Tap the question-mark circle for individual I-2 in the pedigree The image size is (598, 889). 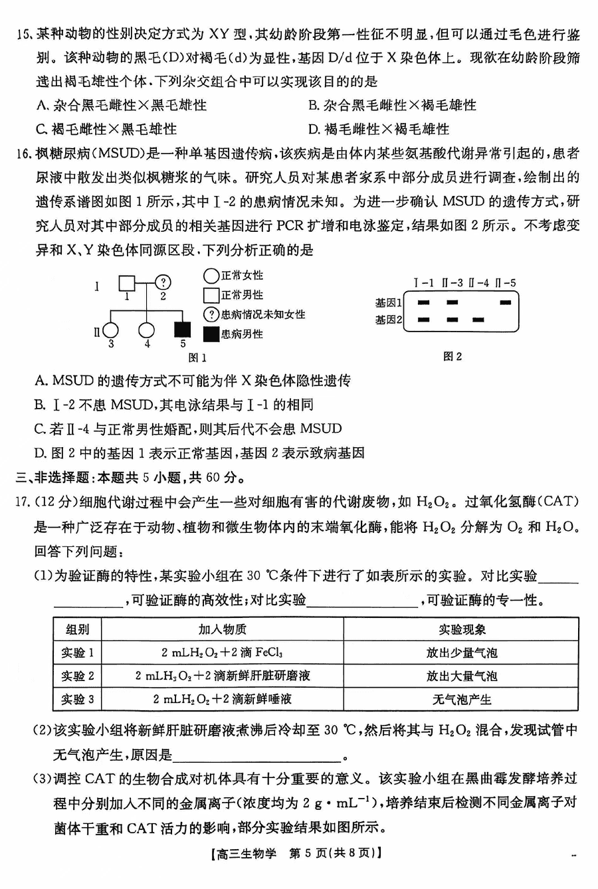tap(163, 283)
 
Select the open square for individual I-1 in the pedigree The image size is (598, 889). tap(128, 283)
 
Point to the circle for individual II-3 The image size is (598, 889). tap(111, 330)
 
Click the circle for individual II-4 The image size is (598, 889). tap(147, 330)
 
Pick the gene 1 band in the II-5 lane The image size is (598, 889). tap(506, 302)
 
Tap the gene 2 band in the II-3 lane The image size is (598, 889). tap(452, 320)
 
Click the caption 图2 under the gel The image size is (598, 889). tap(452, 357)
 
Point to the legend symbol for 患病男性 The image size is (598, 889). tap(211, 334)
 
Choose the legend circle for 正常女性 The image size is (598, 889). tap(211, 275)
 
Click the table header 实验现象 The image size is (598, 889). tap(461, 629)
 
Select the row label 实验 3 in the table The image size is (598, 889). tap(78, 699)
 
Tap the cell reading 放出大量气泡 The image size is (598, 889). tap(461, 676)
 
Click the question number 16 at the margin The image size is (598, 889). tap(25, 153)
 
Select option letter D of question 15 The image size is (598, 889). tap(314, 129)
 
